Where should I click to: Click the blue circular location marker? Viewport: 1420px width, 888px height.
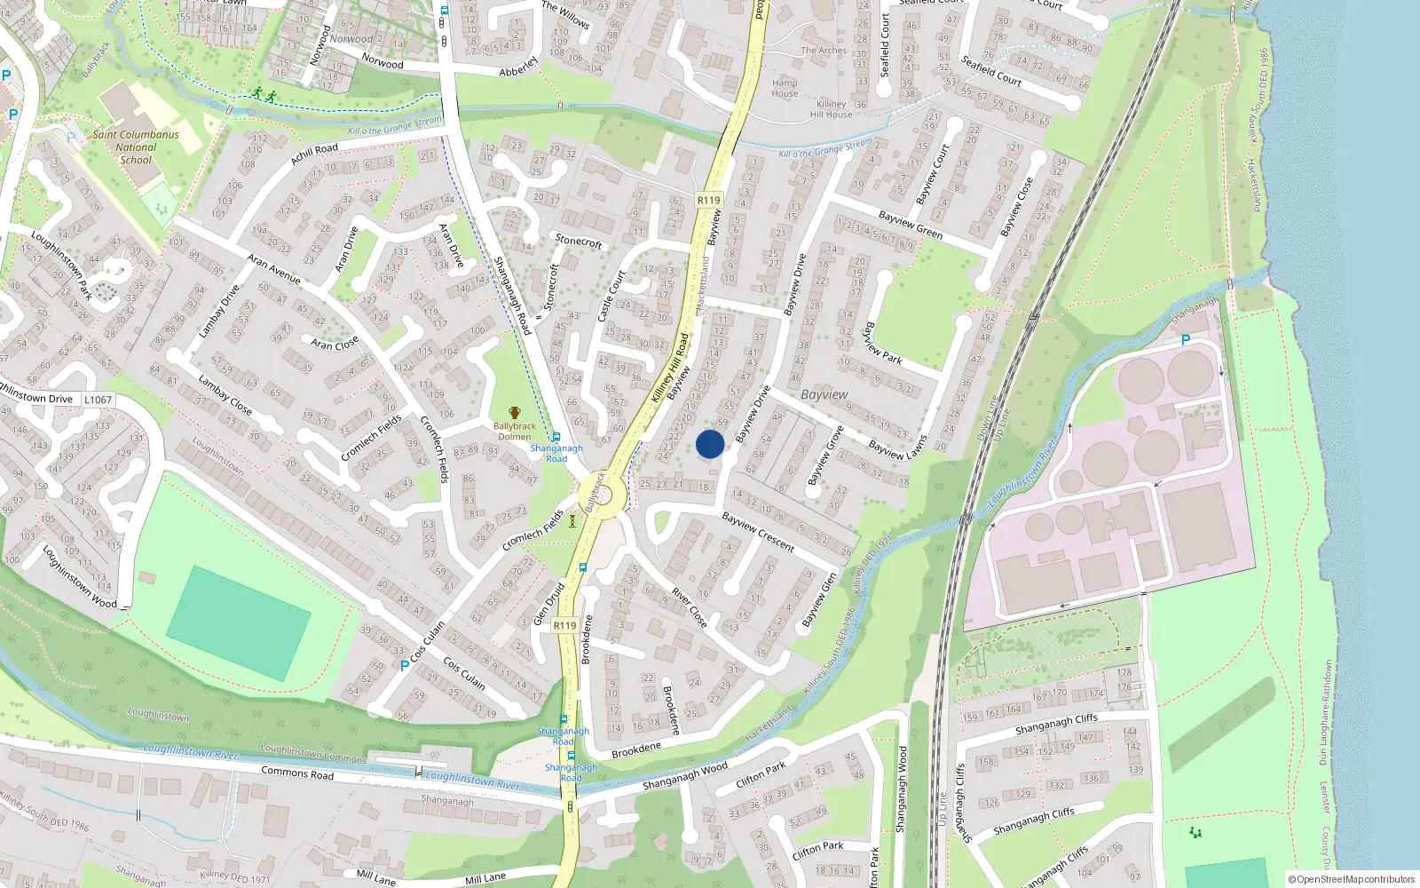point(710,444)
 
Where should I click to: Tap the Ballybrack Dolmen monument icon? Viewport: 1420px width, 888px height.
point(514,413)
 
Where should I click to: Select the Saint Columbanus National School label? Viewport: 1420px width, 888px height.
point(136,147)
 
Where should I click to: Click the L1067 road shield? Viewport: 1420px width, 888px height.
point(98,400)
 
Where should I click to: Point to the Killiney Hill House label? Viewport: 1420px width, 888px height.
point(832,109)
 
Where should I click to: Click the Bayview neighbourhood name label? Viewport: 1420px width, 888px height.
point(824,394)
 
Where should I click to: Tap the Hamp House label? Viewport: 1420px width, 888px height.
point(785,88)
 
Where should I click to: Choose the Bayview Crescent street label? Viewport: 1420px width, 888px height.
point(757,530)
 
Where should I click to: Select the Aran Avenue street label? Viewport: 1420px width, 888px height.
point(273,269)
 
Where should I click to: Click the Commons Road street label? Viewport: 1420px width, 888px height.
point(297,773)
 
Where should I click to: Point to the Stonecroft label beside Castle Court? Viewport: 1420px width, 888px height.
point(578,241)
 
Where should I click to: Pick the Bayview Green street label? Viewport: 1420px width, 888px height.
point(910,224)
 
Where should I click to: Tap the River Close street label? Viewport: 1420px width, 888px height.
point(689,607)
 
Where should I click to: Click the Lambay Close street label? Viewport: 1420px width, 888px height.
point(225,394)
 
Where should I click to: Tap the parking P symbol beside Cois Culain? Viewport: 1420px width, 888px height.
point(405,665)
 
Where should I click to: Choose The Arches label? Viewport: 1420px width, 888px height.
point(823,51)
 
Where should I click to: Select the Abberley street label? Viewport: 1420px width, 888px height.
point(518,67)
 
